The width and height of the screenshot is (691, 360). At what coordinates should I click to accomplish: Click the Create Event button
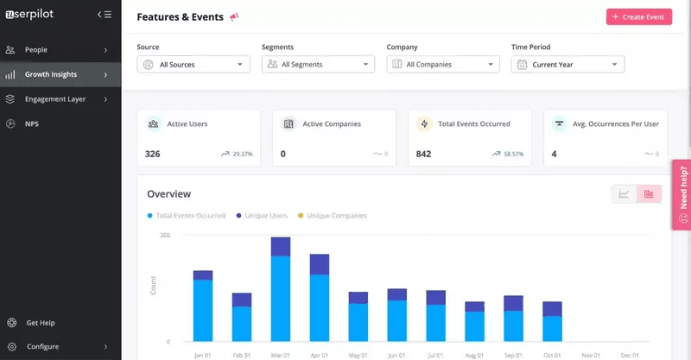pos(638,17)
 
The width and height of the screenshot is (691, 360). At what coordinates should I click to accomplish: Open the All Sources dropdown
pos(193,64)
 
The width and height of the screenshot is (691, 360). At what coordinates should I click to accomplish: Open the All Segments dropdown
pos(318,64)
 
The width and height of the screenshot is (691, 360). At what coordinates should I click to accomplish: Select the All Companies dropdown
pos(443,64)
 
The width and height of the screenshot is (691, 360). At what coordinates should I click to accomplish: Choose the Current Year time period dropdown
pos(567,64)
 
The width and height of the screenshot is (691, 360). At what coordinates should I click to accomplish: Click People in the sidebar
pos(36,50)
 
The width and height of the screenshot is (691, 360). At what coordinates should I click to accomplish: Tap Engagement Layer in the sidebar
pos(55,99)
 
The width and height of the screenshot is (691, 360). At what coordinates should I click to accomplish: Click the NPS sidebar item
pos(31,123)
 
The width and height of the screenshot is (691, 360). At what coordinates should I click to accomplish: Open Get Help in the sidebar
pos(40,323)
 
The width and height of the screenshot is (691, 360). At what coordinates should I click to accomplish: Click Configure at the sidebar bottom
pos(42,346)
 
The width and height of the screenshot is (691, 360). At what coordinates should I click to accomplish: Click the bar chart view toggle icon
pos(649,193)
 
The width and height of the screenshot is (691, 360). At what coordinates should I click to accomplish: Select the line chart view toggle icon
pos(624,193)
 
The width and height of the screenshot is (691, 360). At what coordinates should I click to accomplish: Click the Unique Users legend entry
pos(262,215)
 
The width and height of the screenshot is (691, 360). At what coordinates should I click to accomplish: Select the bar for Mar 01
pos(281,289)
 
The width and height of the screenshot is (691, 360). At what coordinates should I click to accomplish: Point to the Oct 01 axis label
pos(552,354)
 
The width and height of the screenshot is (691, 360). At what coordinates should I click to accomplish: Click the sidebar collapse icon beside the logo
pos(105,14)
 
